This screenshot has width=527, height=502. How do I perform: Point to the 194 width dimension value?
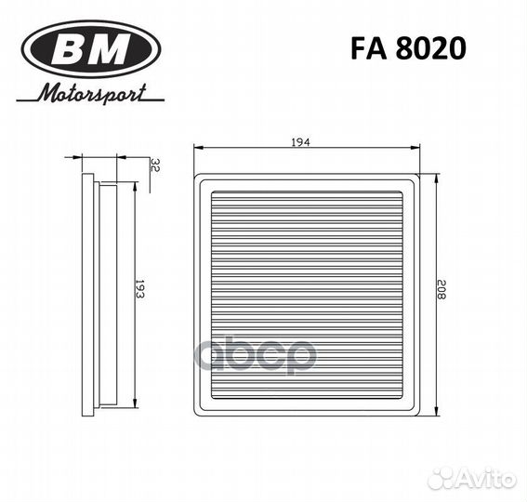(298, 142)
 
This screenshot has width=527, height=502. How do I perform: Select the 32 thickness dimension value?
(155, 166)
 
